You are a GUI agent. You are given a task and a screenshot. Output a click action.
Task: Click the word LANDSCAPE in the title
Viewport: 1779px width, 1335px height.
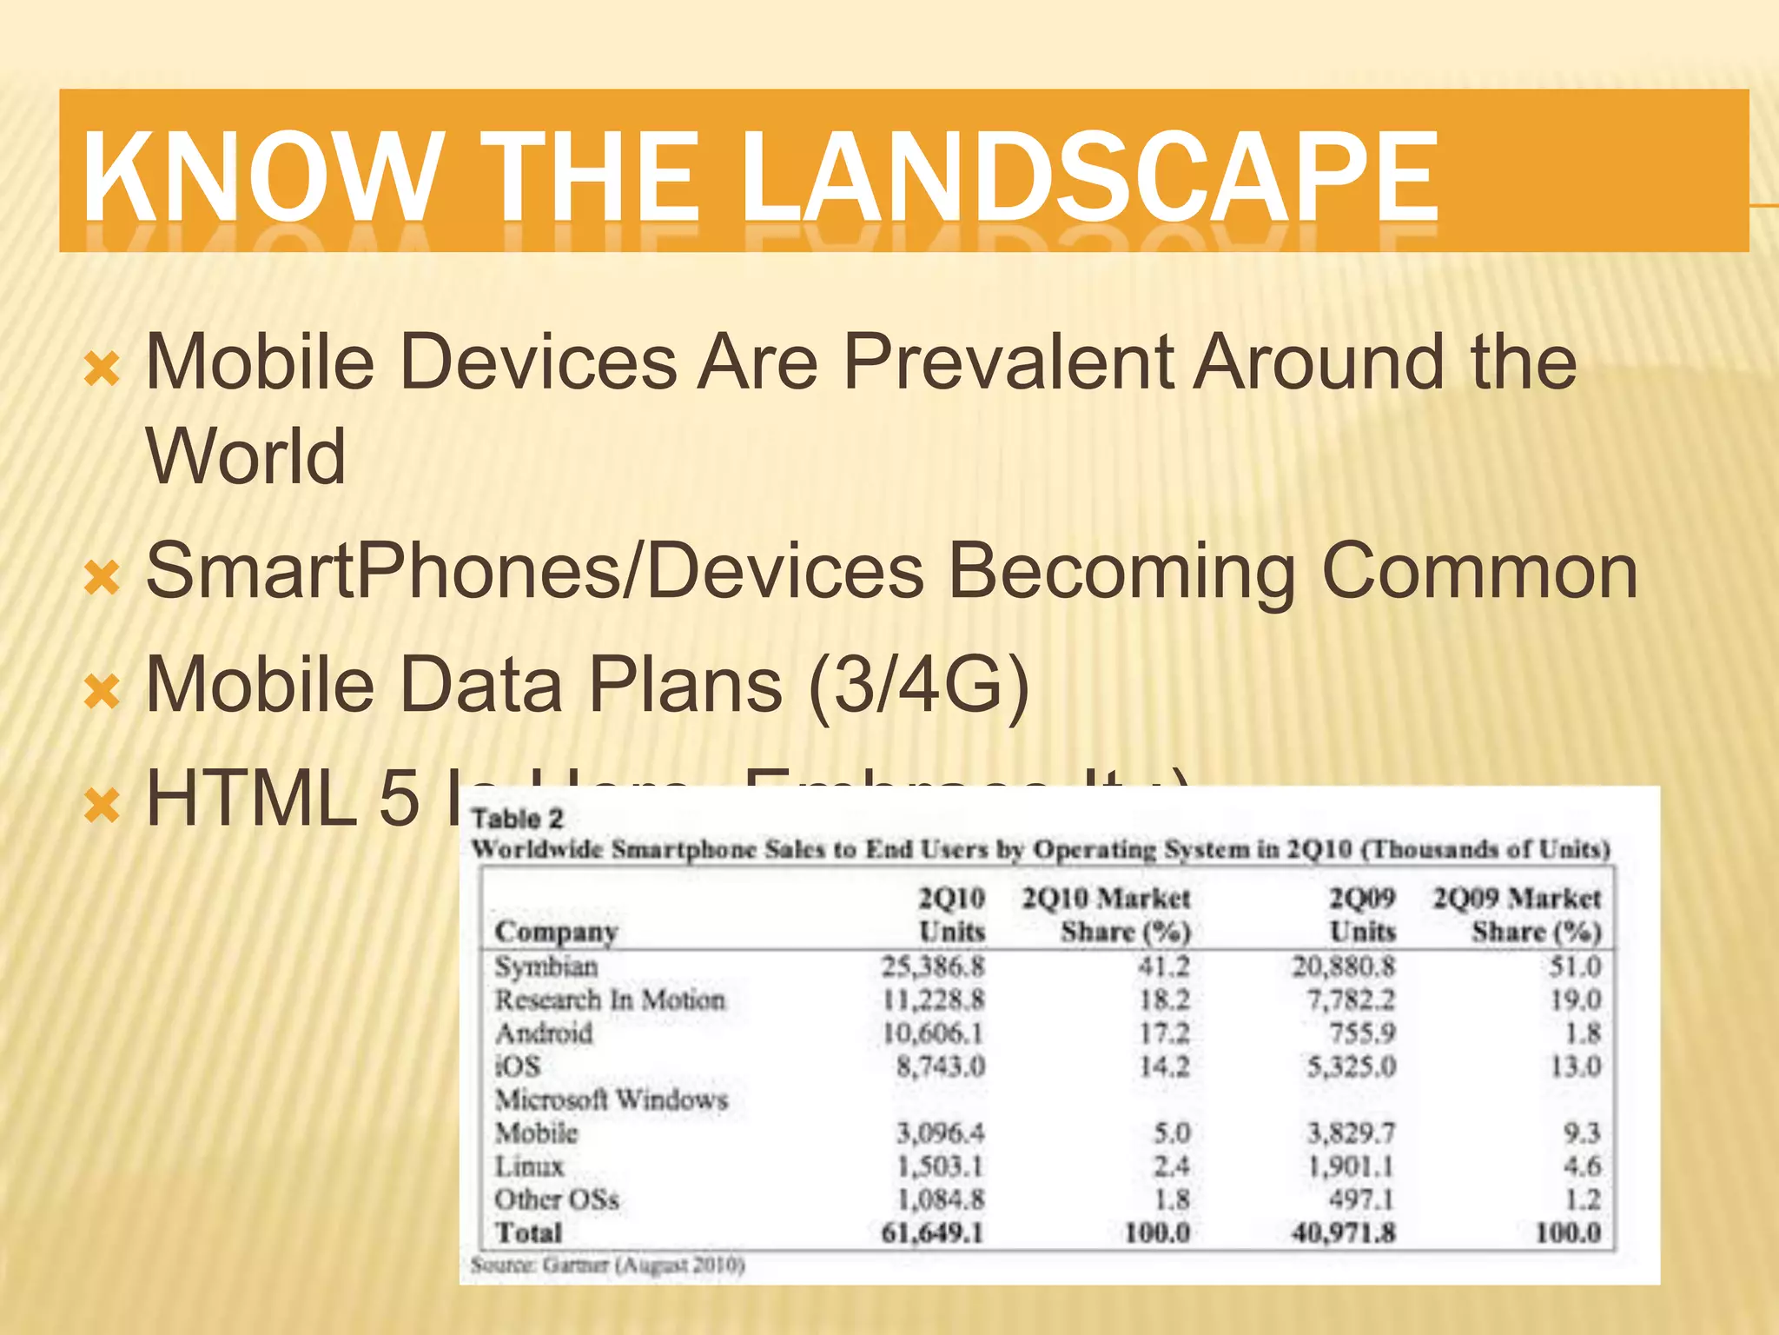[x=1090, y=176]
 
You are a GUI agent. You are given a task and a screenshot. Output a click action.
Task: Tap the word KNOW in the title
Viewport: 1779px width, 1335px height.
[x=261, y=176]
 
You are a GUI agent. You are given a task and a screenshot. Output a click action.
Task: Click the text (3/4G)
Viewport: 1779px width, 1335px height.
[x=918, y=685]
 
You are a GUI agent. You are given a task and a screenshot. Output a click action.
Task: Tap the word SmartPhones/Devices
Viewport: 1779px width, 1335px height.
[x=534, y=572]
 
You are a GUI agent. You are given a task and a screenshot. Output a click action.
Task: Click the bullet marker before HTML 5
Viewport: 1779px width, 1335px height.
[x=102, y=806]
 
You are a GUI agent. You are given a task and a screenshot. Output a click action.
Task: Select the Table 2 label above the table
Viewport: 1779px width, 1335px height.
[x=517, y=819]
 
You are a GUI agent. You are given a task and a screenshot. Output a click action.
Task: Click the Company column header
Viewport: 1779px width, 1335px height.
[x=556, y=932]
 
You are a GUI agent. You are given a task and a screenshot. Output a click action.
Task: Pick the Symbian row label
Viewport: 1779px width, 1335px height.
[x=546, y=966]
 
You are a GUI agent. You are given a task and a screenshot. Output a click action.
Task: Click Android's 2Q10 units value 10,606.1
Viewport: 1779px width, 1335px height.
[x=933, y=1033]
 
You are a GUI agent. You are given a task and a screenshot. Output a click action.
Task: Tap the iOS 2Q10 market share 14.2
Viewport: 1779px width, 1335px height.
[x=1164, y=1066]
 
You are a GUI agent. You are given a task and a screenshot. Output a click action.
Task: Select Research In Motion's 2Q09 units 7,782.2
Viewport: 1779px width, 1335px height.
[x=1351, y=1000]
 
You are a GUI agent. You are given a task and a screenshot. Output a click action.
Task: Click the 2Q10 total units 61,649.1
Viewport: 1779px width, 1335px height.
[x=931, y=1232]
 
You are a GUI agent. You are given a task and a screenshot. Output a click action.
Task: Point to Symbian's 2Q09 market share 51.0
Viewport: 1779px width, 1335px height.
[x=1575, y=966]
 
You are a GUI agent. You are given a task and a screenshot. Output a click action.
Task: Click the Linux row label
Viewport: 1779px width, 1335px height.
[x=529, y=1166]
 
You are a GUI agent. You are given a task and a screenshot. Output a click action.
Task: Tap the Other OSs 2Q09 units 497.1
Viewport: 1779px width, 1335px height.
[x=1361, y=1200]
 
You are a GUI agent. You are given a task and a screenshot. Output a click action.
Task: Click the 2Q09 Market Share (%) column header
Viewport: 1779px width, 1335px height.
[x=1517, y=914]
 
